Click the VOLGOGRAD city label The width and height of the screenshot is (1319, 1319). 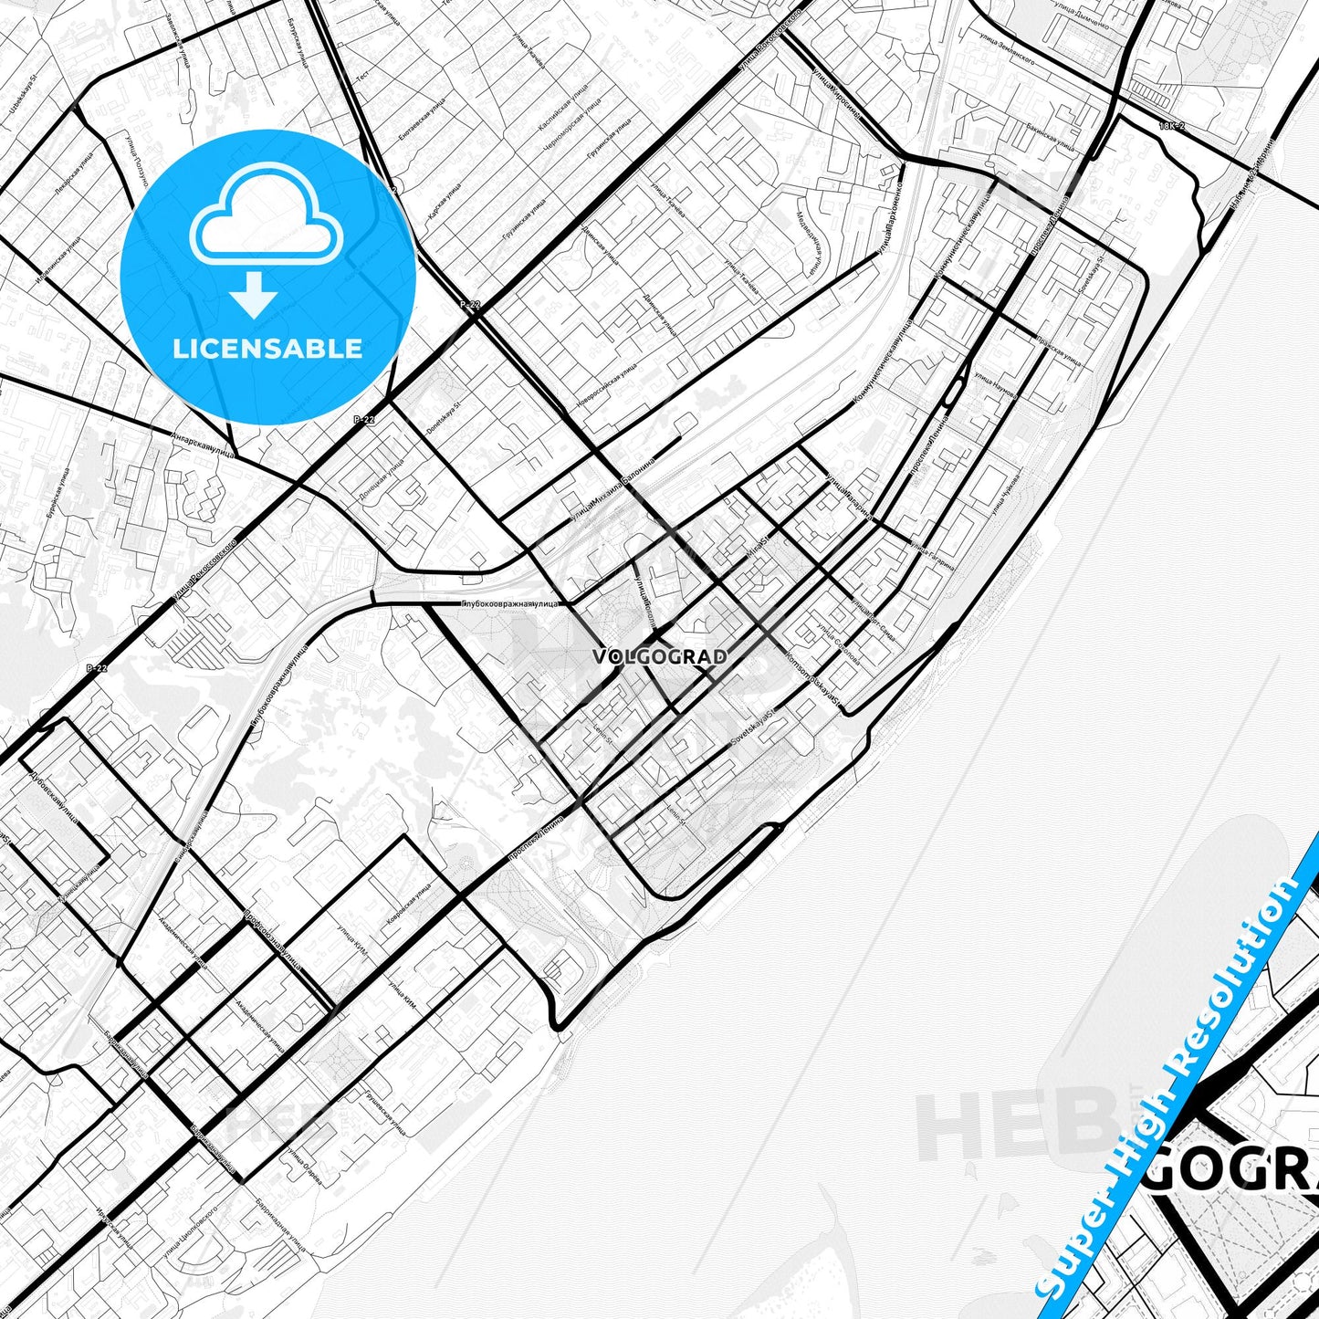tap(660, 656)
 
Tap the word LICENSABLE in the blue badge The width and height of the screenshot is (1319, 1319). tap(267, 348)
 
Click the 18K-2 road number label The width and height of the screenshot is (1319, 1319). tap(1171, 125)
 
